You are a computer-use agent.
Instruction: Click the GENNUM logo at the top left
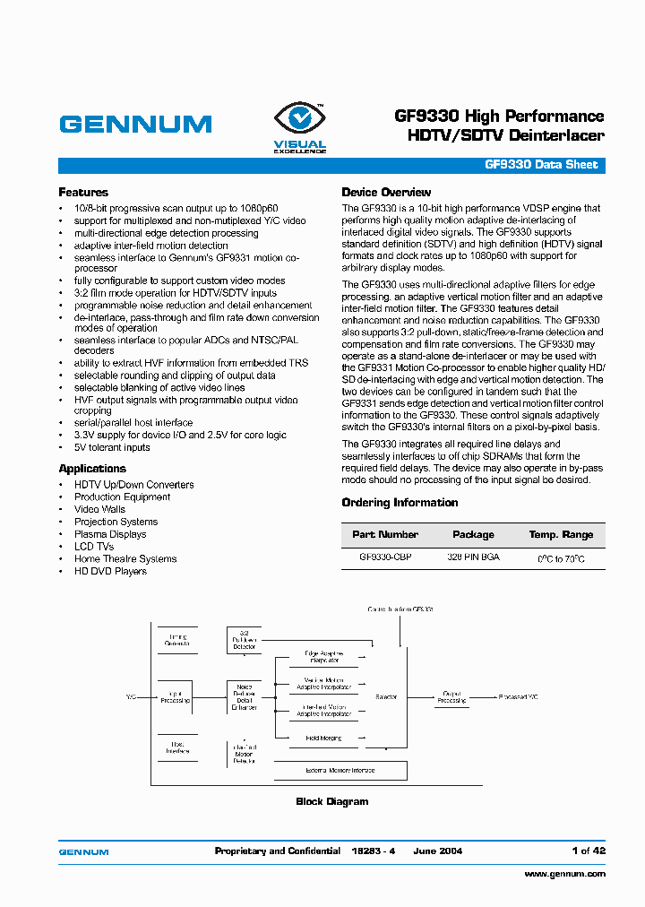[135, 125]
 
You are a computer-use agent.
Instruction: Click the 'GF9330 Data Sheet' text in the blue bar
[541, 166]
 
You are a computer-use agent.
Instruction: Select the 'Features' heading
[83, 193]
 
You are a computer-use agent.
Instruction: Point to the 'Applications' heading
[92, 469]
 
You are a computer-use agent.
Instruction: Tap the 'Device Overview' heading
[386, 193]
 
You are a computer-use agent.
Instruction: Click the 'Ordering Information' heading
[400, 503]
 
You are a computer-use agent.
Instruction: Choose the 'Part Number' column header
[385, 535]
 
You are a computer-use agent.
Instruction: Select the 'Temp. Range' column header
[561, 535]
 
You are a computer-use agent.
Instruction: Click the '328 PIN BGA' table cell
[473, 557]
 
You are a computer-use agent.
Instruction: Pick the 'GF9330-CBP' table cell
[385, 557]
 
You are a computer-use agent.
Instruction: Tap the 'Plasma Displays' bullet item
[110, 534]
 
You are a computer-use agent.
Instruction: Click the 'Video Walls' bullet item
[99, 509]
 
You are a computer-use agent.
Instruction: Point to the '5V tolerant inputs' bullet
[112, 447]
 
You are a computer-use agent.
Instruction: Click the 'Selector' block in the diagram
[386, 696]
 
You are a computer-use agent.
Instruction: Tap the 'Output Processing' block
[451, 696]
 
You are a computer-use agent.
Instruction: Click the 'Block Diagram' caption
[331, 801]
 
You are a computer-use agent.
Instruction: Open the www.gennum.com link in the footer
[564, 874]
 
